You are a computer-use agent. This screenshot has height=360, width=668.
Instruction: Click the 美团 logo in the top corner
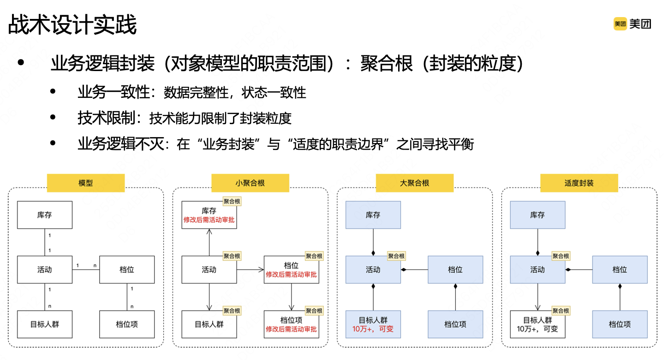point(632,24)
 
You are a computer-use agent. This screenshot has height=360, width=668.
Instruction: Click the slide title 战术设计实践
point(72,25)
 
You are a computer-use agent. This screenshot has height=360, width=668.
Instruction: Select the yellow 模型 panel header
point(86,183)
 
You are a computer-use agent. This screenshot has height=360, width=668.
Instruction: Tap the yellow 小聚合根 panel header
point(250,183)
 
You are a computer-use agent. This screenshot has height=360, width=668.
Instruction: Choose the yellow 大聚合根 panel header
point(414,183)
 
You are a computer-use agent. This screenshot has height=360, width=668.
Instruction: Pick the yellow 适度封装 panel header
point(579,183)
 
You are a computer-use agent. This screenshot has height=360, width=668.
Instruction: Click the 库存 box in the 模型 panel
point(45,215)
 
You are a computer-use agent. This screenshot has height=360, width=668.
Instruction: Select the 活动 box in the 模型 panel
point(45,270)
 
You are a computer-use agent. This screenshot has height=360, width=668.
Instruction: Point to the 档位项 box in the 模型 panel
point(127,324)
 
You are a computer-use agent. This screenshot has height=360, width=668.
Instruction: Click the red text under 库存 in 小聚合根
point(209,220)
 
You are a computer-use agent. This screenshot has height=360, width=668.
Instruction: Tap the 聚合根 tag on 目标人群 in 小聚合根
point(232,311)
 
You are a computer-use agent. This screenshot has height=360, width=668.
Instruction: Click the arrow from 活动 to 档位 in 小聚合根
point(250,270)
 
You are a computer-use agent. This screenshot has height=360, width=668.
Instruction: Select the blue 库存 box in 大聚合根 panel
point(373,215)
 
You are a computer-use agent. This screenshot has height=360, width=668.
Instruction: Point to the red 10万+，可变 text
point(373,330)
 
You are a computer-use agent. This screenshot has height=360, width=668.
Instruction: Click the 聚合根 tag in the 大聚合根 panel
point(396,256)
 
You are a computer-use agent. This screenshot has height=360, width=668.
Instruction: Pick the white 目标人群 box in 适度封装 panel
point(537,324)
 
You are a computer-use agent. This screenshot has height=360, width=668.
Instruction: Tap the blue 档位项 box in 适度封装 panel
point(620,324)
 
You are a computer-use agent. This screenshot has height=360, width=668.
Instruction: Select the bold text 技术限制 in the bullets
point(107,118)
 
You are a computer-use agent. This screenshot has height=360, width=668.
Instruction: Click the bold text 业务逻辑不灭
point(120,144)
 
